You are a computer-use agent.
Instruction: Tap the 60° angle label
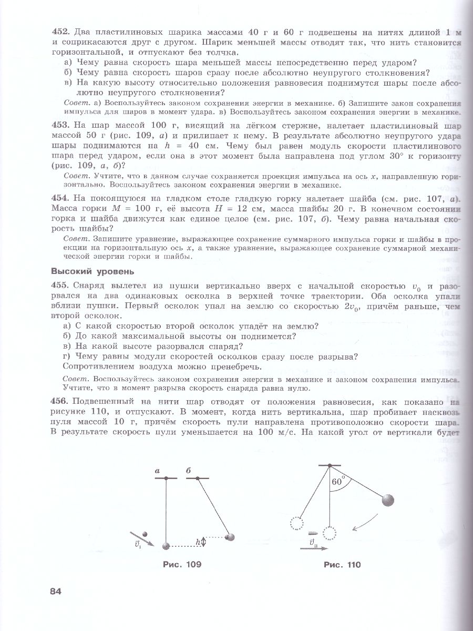click(x=337, y=482)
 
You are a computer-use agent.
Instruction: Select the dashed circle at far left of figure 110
click(x=296, y=523)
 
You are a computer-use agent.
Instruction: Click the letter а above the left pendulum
click(x=157, y=472)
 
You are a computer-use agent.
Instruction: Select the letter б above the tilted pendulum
click(x=188, y=472)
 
